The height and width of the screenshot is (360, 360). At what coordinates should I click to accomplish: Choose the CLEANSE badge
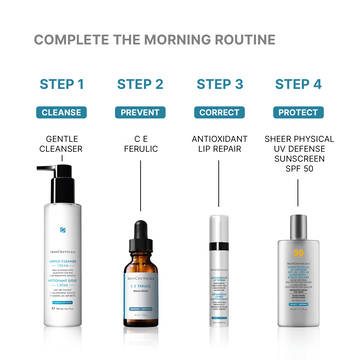[62, 112]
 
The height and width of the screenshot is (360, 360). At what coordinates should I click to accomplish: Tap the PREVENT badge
[140, 112]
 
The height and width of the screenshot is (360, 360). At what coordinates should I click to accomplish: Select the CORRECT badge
[219, 112]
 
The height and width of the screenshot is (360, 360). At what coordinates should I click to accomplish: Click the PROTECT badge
[297, 112]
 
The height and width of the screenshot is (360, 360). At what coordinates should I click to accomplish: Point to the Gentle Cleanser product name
[62, 146]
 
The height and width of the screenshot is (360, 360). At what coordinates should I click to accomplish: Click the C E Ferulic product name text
[140, 146]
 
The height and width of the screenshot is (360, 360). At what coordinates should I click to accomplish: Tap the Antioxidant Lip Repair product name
[219, 146]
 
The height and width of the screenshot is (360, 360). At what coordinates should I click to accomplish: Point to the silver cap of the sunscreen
[297, 225]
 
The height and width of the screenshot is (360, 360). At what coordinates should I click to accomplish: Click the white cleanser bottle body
[62, 265]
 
